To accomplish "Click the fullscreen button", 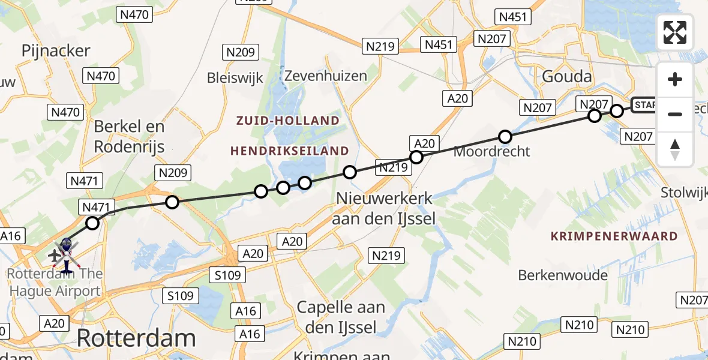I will [x=675, y=32].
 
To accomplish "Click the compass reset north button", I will [x=675, y=149].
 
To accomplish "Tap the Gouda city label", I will [x=566, y=76].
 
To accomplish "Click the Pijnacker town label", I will [x=56, y=51].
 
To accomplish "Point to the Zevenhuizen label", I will [x=325, y=76].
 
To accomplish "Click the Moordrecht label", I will [x=491, y=151].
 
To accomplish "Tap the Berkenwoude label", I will [x=563, y=275].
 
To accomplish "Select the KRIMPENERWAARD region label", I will [x=614, y=236].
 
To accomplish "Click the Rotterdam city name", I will [x=136, y=338].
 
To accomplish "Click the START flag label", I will [x=644, y=106].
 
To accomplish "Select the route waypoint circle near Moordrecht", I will [x=505, y=137].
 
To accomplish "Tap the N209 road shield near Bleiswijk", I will [x=241, y=53].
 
